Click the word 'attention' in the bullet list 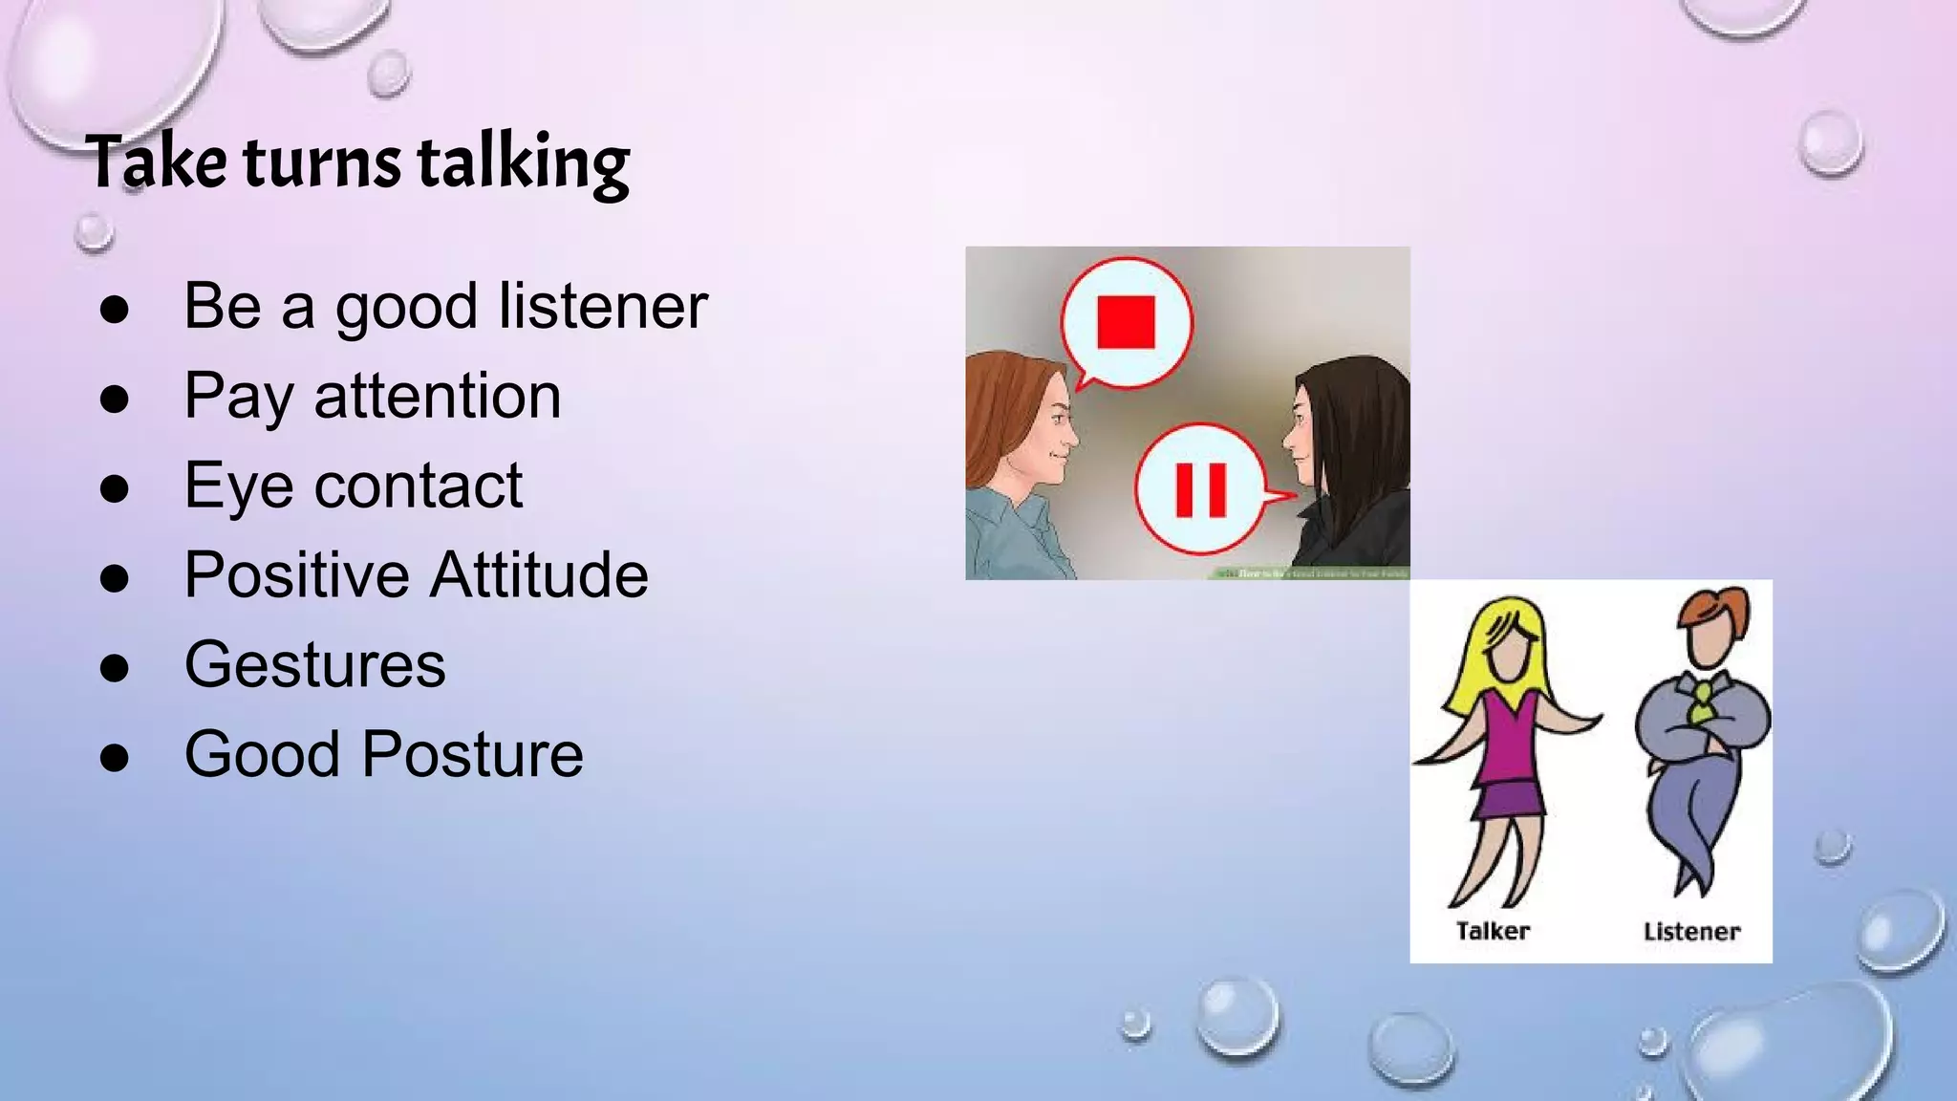point(438,396)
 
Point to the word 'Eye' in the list point(238,486)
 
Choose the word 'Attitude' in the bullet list point(539,575)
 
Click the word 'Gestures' point(314,665)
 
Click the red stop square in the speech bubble point(1126,321)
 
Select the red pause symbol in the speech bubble point(1200,490)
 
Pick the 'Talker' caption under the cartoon point(1493,931)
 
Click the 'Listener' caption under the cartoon point(1691,932)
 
